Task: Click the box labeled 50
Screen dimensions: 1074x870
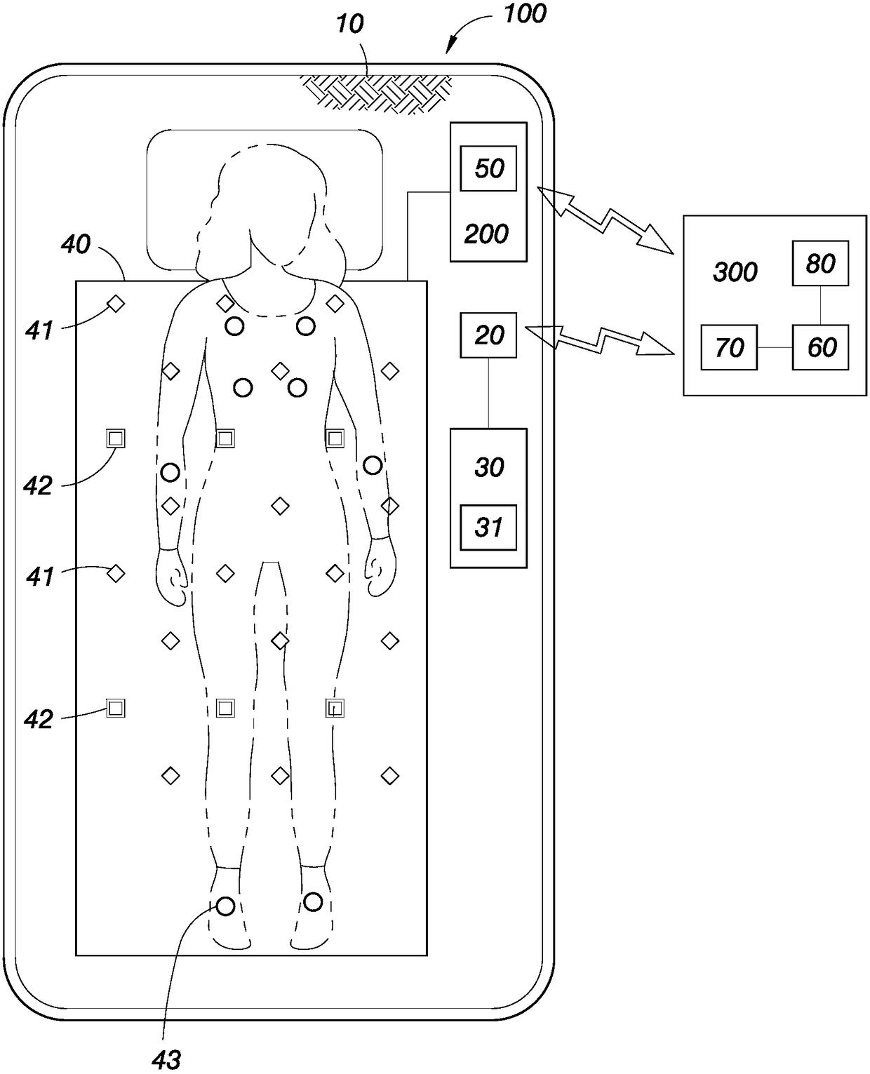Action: (x=488, y=168)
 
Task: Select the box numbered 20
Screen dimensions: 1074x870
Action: (x=488, y=335)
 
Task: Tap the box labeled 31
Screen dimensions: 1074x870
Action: (x=488, y=528)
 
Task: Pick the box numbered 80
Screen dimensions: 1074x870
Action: (x=820, y=264)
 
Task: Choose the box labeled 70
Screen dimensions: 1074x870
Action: (x=729, y=347)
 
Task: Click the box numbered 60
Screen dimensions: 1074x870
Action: (x=820, y=347)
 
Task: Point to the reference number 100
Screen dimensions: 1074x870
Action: (x=525, y=13)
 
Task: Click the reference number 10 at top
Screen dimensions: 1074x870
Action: (x=349, y=25)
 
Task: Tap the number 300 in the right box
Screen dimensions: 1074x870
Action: (x=735, y=272)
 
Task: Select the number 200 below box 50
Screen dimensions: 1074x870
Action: (x=486, y=234)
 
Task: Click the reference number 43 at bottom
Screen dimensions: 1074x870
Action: (x=166, y=1060)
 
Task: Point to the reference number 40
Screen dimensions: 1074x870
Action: (x=76, y=244)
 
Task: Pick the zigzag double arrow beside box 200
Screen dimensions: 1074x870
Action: (x=604, y=218)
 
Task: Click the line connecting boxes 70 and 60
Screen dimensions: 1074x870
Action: (x=775, y=347)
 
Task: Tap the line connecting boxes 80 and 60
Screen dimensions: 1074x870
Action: (x=820, y=305)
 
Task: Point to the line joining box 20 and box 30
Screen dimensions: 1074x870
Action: (x=488, y=393)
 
